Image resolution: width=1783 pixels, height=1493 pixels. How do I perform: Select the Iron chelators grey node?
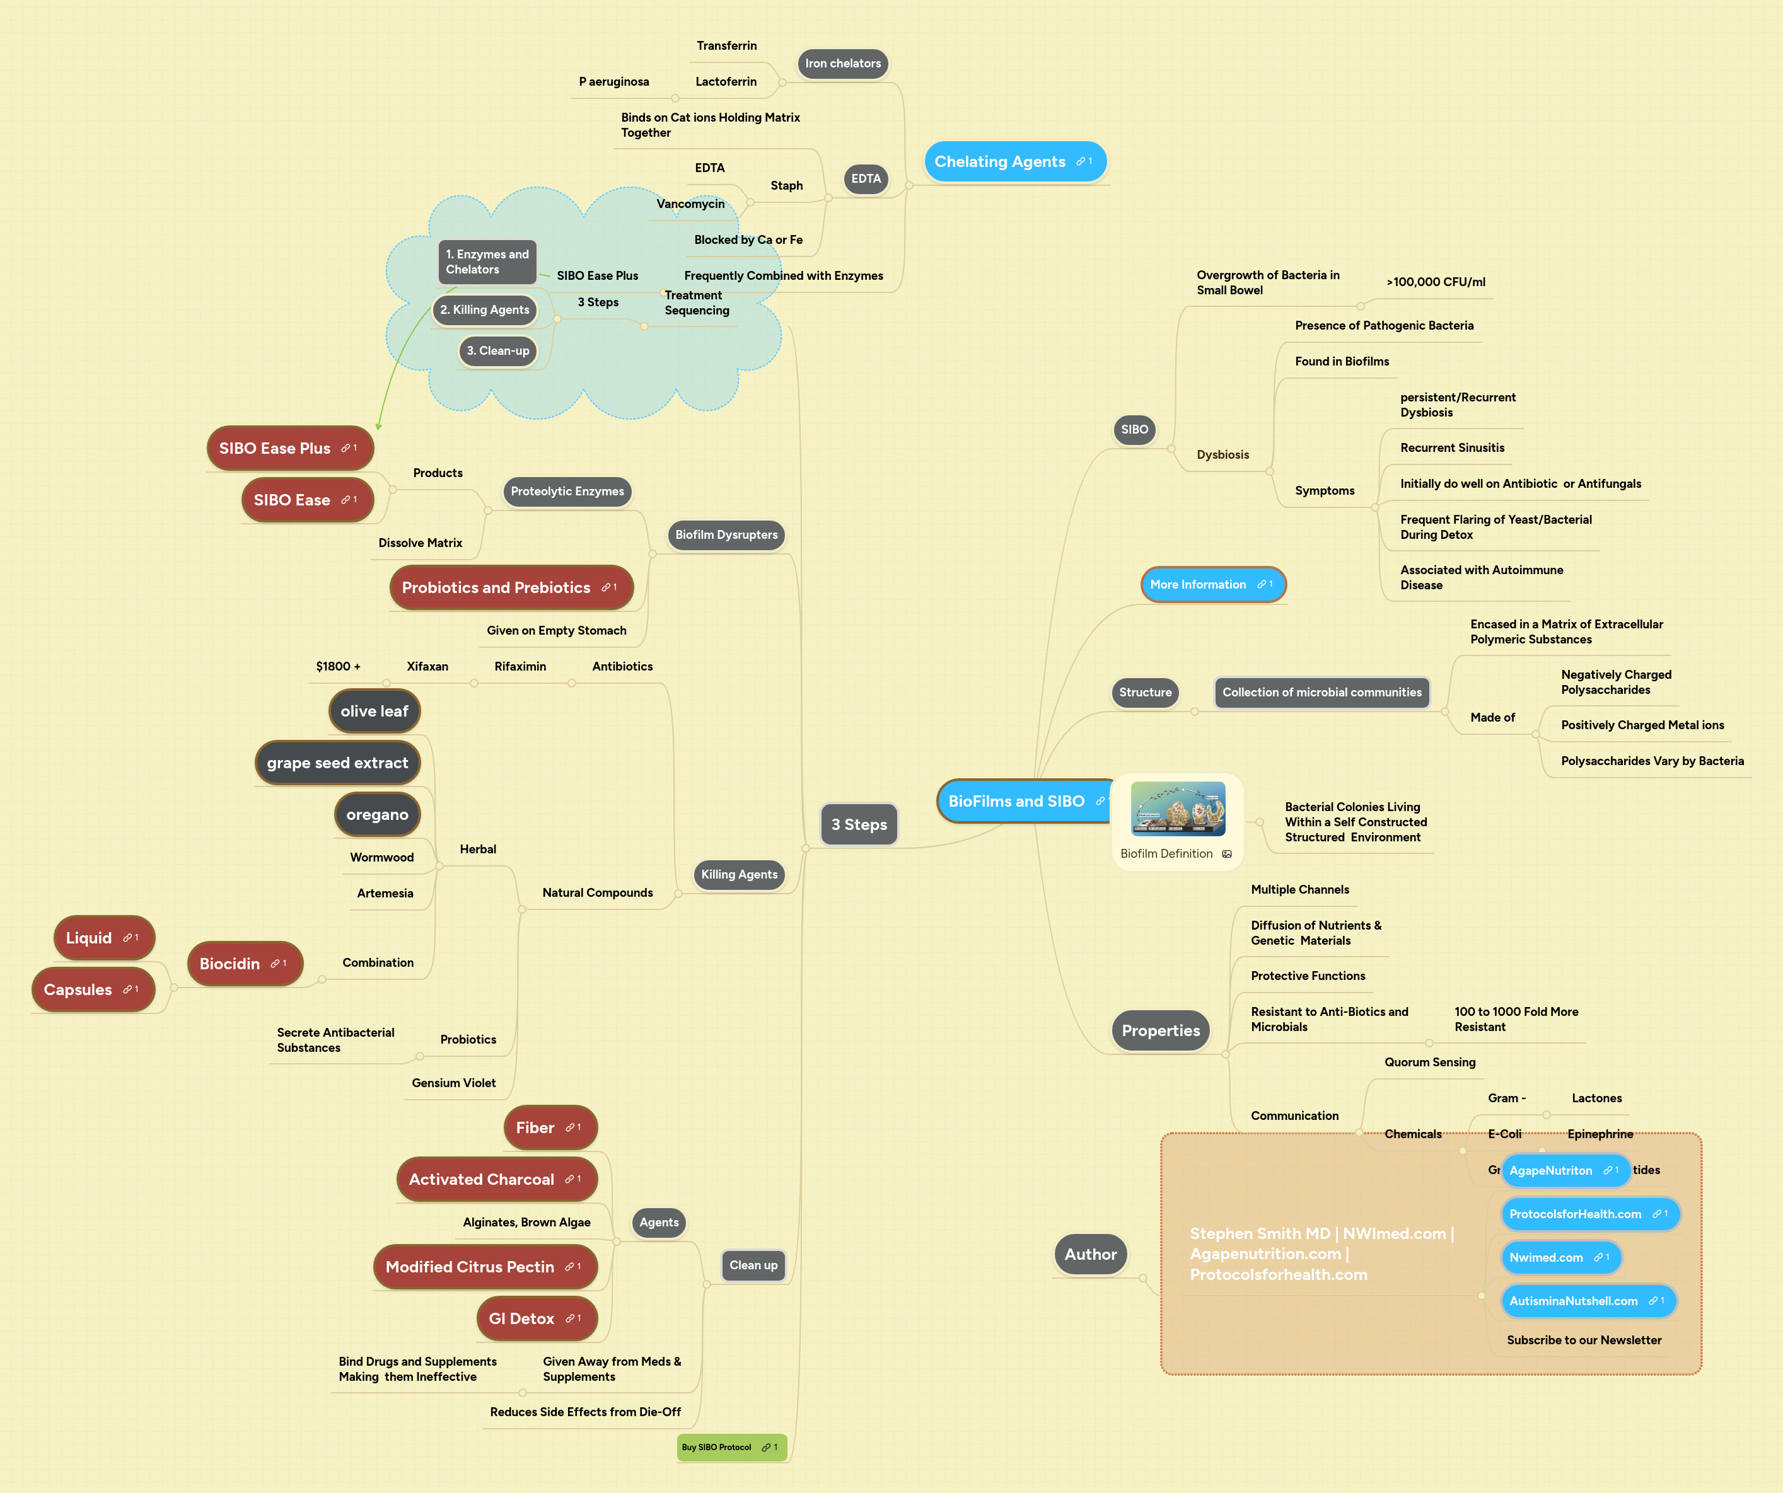tap(842, 64)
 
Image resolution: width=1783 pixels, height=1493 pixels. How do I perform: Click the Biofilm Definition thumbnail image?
tap(1178, 809)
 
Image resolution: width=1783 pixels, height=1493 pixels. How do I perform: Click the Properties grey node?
tap(1160, 1030)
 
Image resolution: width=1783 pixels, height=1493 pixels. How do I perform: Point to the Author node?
tap(1090, 1254)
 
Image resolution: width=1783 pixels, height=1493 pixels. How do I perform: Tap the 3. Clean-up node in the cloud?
tap(497, 350)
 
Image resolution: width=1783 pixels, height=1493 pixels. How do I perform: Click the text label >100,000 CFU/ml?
tap(1435, 282)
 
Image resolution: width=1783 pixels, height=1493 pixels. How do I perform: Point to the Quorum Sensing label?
tap(1430, 1062)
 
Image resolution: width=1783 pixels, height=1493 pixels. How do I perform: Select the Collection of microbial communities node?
tap(1321, 693)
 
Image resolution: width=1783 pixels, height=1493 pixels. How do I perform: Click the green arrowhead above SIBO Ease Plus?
tap(379, 426)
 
